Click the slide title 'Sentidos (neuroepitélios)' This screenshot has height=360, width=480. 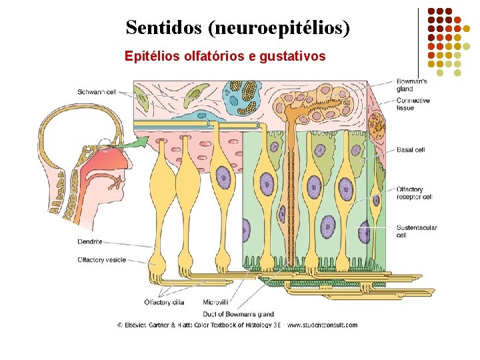pyautogui.click(x=237, y=28)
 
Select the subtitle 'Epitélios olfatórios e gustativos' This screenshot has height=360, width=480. pyautogui.click(x=225, y=56)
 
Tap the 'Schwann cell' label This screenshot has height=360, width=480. pyautogui.click(x=97, y=91)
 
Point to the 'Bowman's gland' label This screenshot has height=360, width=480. pyautogui.click(x=413, y=85)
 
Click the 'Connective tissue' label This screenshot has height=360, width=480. pyautogui.click(x=413, y=104)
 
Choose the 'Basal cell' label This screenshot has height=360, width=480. pyautogui.click(x=411, y=150)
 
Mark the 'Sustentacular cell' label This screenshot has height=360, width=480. pyautogui.click(x=417, y=231)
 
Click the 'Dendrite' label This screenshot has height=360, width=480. pyautogui.click(x=89, y=242)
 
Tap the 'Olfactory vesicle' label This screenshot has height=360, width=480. pyautogui.click(x=100, y=260)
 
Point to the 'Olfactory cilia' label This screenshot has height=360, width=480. pyautogui.click(x=164, y=302)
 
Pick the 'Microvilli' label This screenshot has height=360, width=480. pyautogui.click(x=217, y=302)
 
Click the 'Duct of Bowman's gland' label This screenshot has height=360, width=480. pyautogui.click(x=238, y=313)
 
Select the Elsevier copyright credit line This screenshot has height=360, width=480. pyautogui.click(x=237, y=325)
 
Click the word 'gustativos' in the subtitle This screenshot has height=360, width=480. pyautogui.click(x=295, y=56)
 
